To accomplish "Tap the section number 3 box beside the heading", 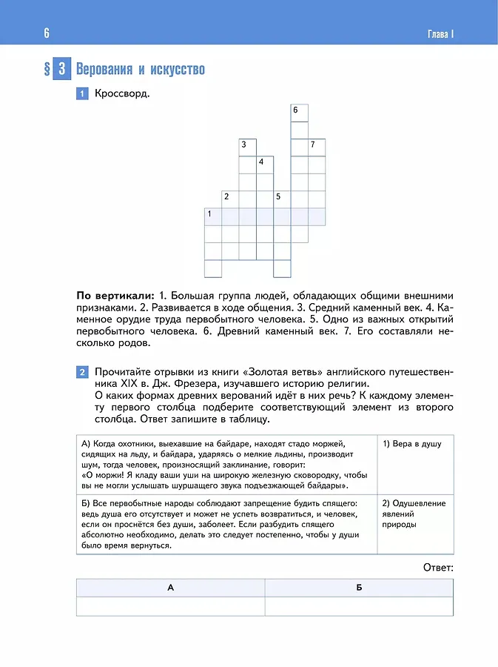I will click(62, 70).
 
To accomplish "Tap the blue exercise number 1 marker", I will click(82, 94).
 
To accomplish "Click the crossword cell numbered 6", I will click(299, 113).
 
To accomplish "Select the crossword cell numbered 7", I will click(317, 147).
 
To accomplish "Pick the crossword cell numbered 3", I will click(248, 147).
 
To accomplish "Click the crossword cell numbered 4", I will click(265, 164).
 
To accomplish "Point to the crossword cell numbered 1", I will click(213, 216).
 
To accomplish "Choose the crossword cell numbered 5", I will click(282, 199).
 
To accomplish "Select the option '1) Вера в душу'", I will click(412, 443).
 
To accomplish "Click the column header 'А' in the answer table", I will click(170, 587).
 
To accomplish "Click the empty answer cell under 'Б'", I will click(359, 606).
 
